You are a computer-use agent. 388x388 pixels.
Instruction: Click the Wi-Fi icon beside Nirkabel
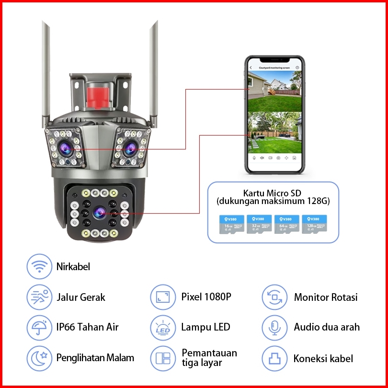39,267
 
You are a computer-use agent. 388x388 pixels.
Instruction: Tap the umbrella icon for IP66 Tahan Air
39,328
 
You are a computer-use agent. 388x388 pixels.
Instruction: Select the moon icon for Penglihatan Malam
39,358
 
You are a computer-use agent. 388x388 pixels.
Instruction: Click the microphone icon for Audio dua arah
274,328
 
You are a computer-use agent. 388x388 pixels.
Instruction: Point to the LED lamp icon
163,328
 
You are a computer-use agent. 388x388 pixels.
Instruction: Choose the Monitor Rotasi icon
274,297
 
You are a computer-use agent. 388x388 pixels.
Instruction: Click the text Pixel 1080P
206,297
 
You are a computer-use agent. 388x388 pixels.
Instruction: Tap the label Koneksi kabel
323,358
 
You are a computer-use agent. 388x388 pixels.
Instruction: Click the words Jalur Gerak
80,297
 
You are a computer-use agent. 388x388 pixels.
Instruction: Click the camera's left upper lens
64,148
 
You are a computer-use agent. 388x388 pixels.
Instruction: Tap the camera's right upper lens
130,149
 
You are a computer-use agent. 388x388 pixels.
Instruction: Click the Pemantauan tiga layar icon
163,358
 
